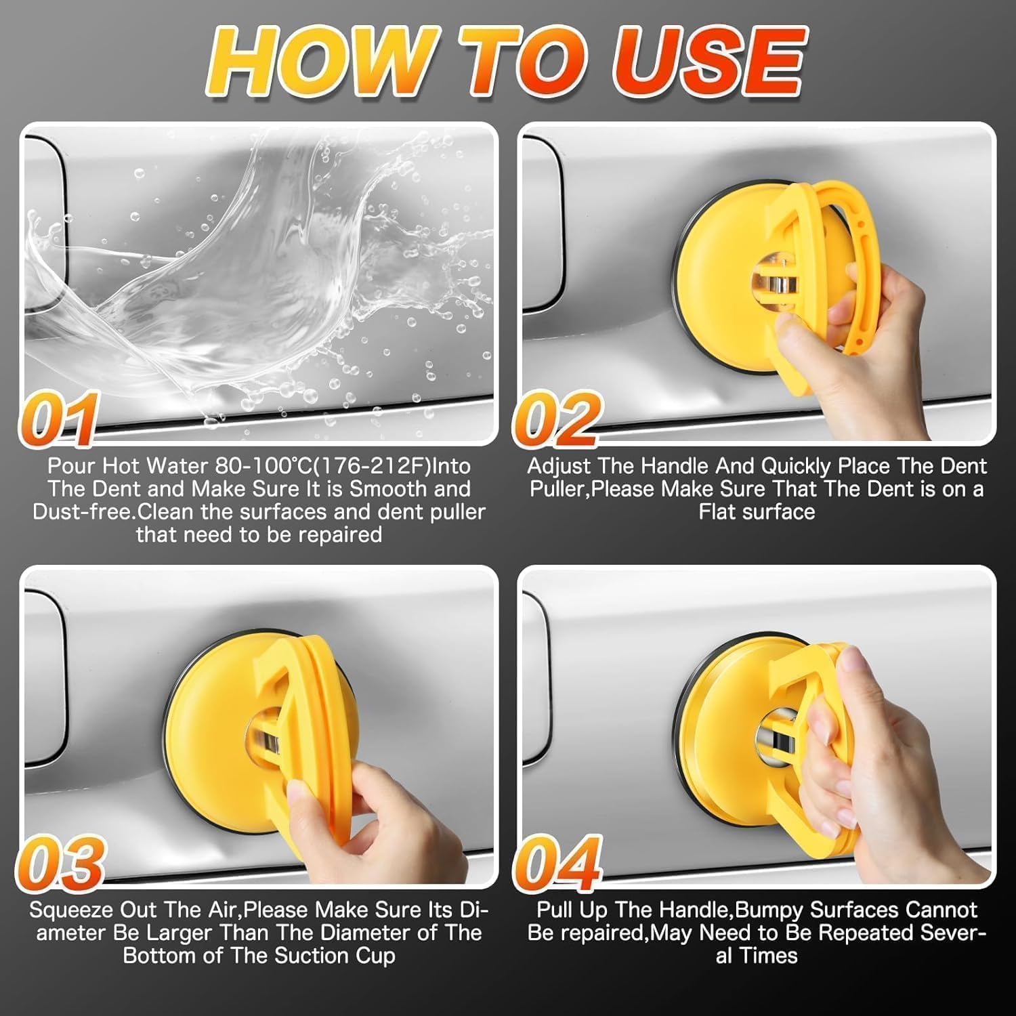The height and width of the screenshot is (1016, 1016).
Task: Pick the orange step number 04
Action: (x=557, y=862)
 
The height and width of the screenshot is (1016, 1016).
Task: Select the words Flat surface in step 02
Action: (x=757, y=511)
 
